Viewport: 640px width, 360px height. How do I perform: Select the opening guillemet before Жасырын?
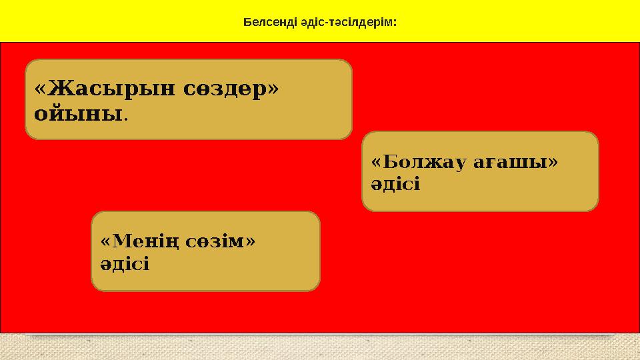coord(39,89)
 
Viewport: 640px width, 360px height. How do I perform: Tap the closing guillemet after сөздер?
coord(272,89)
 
